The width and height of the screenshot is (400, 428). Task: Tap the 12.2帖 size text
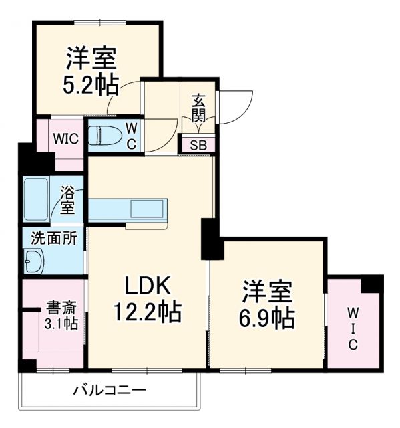click(148, 312)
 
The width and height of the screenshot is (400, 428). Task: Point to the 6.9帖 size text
click(268, 318)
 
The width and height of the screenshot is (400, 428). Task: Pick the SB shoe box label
click(198, 145)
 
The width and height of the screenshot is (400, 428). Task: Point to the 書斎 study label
click(61, 308)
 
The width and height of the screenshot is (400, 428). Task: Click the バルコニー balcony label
click(110, 390)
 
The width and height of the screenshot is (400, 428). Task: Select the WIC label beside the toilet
click(67, 139)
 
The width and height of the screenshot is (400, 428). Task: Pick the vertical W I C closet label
click(353, 328)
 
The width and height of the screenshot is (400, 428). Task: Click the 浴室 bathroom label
click(67, 200)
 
